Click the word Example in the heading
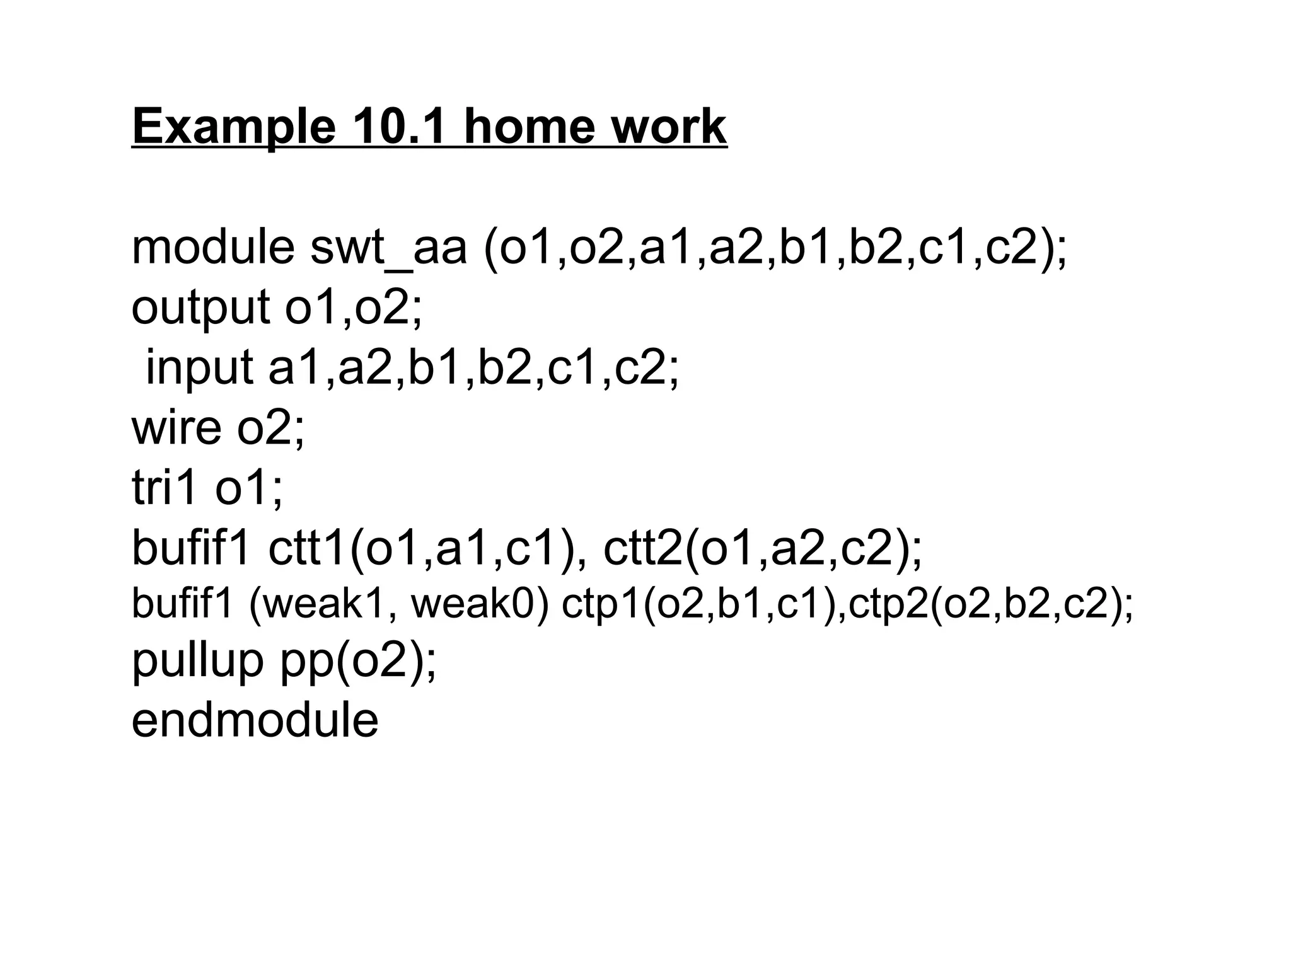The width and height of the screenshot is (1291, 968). click(234, 127)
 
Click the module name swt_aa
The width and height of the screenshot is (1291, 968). click(388, 248)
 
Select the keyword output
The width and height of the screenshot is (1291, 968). click(200, 308)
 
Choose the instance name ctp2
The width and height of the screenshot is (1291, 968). click(888, 604)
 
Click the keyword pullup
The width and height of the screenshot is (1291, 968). click(197, 660)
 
